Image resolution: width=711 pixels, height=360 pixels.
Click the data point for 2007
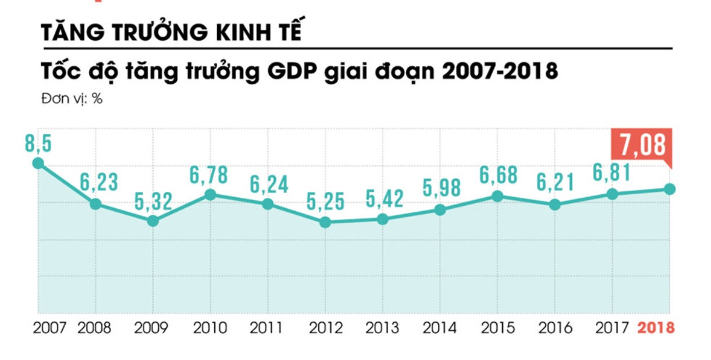[38, 163]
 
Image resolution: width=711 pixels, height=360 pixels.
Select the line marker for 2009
[152, 221]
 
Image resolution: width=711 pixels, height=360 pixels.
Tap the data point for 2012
[325, 222]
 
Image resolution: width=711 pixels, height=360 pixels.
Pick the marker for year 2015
[497, 197]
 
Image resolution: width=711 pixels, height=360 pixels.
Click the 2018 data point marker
[670, 189]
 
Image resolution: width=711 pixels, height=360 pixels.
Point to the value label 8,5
[38, 144]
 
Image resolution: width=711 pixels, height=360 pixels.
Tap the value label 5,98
[440, 188]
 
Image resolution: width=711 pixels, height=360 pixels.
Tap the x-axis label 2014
[440, 328]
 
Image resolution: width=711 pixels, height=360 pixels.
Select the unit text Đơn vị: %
[72, 99]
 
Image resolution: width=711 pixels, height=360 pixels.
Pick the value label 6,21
[554, 183]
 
